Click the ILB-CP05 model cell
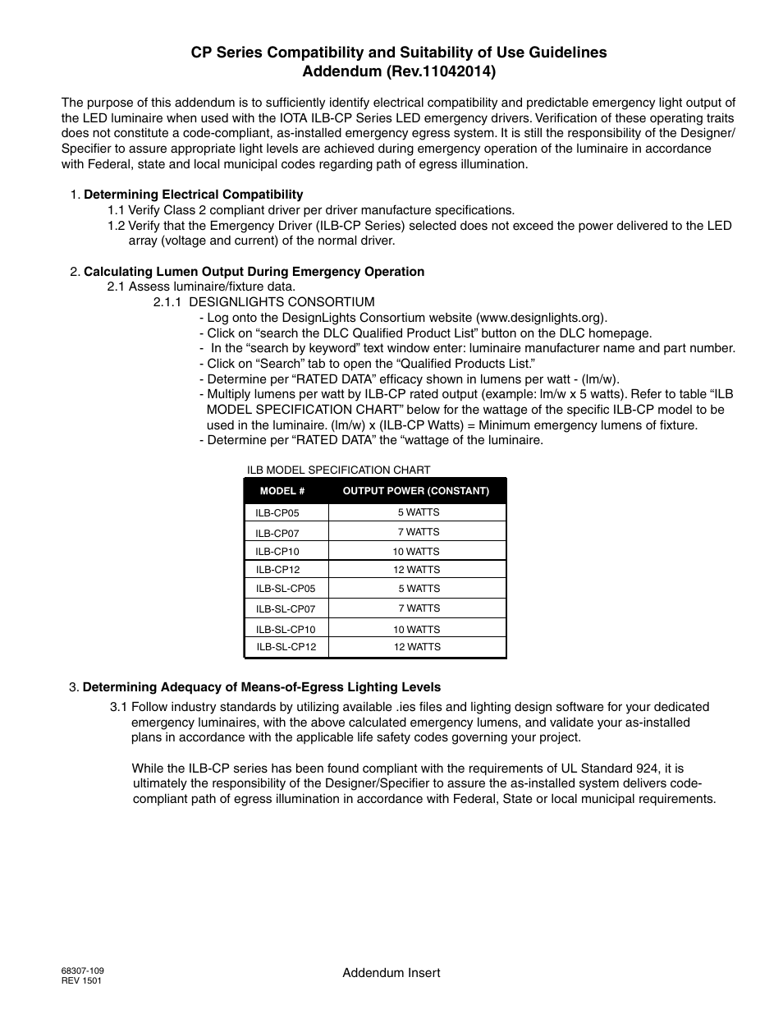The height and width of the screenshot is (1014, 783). [277, 513]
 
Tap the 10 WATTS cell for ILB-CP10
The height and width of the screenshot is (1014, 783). [416, 552]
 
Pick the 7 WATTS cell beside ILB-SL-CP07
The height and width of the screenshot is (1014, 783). [419, 608]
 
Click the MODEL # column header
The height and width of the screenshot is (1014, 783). [282, 491]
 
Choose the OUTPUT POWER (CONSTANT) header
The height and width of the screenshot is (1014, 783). [415, 491]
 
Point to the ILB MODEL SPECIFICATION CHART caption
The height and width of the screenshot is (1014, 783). [338, 470]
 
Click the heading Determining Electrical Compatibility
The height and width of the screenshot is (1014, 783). [194, 195]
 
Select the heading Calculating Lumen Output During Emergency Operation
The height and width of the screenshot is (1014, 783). [254, 272]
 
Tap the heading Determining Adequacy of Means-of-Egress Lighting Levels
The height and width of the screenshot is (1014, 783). [262, 687]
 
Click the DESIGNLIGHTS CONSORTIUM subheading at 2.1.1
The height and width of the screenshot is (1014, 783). [282, 302]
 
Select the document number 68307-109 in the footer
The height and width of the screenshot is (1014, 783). [82, 970]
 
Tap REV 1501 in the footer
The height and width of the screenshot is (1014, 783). [81, 980]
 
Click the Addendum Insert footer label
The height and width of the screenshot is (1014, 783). [391, 973]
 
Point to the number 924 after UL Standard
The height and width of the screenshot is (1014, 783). [647, 769]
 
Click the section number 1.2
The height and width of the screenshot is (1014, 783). [116, 226]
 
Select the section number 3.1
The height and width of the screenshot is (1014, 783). [118, 707]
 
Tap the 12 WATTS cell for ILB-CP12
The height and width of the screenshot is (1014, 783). [416, 570]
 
